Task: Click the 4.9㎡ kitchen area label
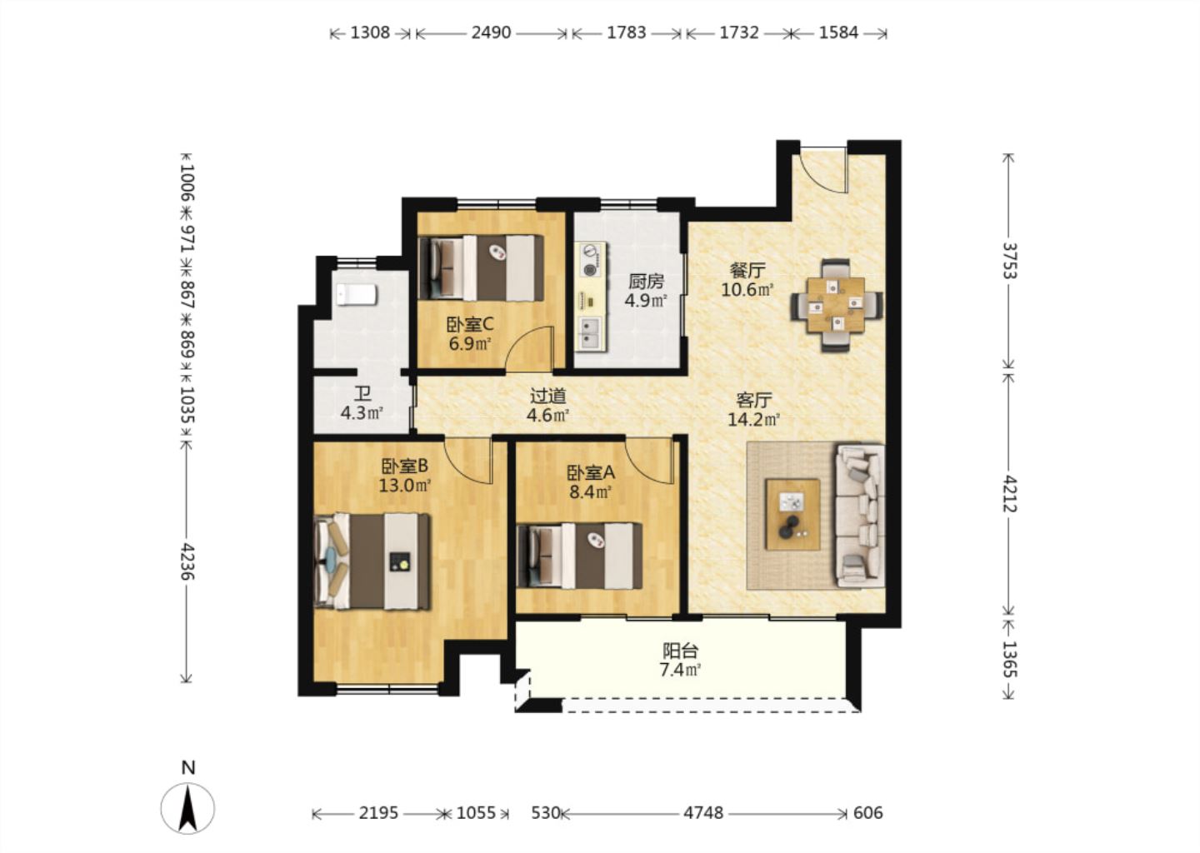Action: (x=646, y=301)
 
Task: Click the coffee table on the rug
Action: (x=792, y=514)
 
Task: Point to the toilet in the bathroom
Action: (x=357, y=295)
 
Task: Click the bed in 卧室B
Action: (x=372, y=561)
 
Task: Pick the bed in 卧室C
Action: (x=481, y=267)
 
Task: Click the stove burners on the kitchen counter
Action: (x=590, y=260)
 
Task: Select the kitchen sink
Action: (x=591, y=332)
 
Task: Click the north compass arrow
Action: (x=187, y=808)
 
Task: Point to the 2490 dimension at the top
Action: (x=491, y=33)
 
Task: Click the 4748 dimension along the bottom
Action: (x=703, y=814)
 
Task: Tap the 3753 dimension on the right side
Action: (x=1008, y=261)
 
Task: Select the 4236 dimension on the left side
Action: (x=186, y=561)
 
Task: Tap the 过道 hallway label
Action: (x=548, y=397)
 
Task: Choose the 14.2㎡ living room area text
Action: (x=753, y=419)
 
